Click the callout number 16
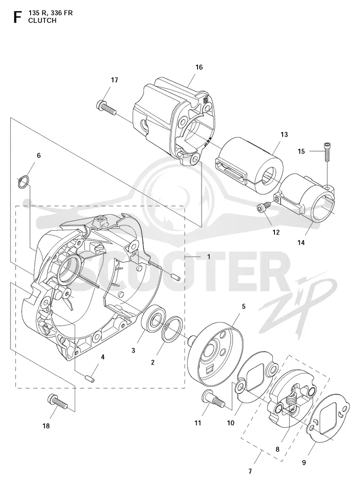tap(199, 67)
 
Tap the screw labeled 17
tap(106, 107)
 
